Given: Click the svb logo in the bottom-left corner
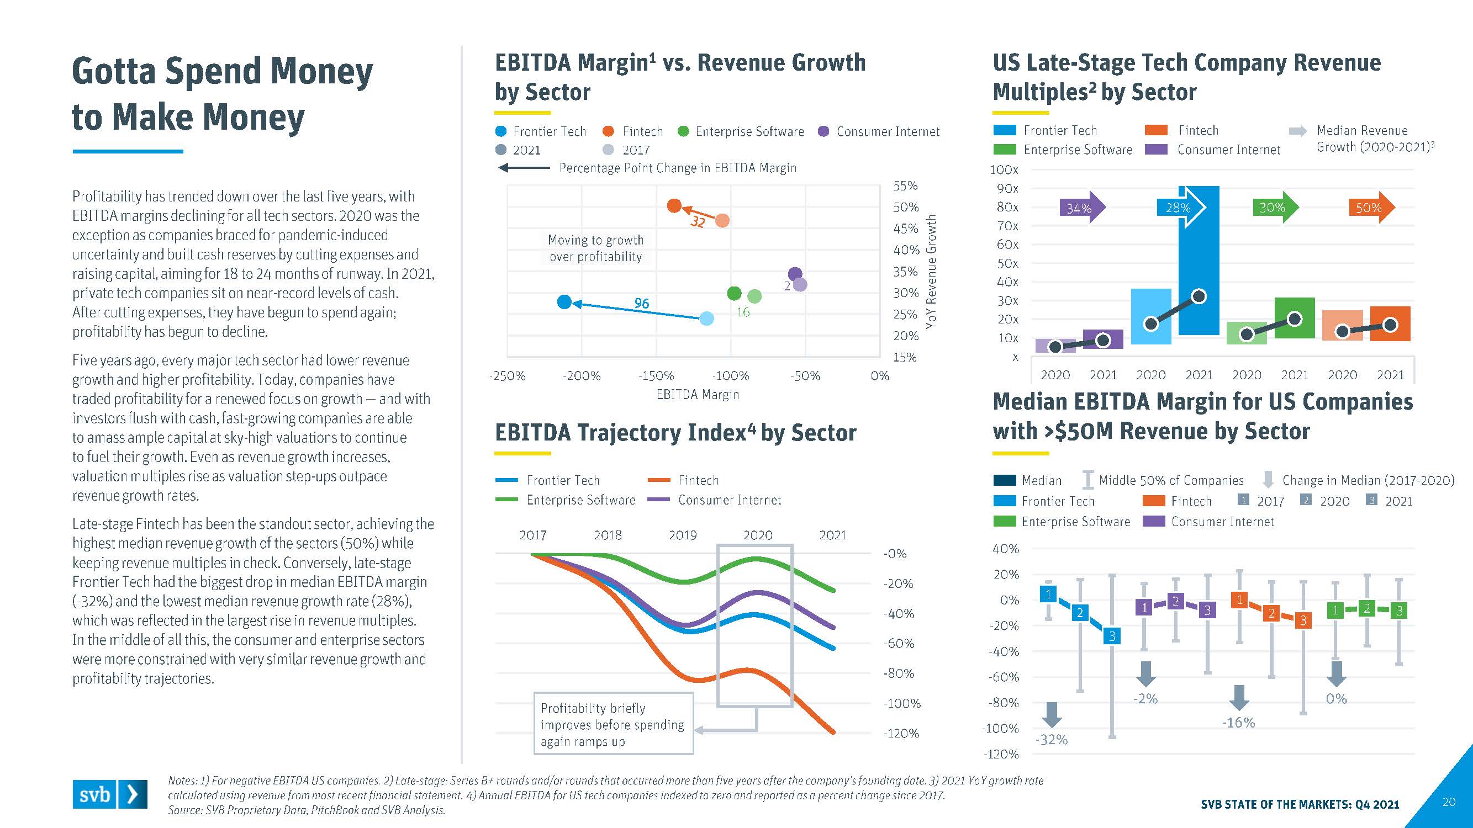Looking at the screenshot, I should click(x=109, y=794).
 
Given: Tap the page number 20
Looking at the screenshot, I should click(x=1448, y=802).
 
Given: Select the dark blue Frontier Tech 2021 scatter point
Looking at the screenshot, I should click(x=564, y=302).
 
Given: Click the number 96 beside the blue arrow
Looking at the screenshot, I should click(x=642, y=304).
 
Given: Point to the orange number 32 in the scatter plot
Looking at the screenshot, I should click(x=698, y=222).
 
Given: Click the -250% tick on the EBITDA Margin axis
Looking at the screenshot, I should click(x=507, y=376).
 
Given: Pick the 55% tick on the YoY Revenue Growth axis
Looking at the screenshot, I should click(x=905, y=185).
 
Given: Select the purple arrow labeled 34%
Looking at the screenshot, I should click(x=1081, y=208).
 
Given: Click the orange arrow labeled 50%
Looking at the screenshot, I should click(x=1371, y=208).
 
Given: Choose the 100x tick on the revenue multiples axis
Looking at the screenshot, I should click(x=1004, y=169).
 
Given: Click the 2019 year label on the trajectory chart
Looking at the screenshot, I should click(x=683, y=535).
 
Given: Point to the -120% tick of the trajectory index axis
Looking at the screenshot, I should click(x=902, y=733).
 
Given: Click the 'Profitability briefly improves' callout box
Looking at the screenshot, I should click(x=613, y=724).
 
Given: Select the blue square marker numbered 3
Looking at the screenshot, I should click(x=1112, y=636).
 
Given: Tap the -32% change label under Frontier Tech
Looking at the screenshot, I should click(x=1052, y=740).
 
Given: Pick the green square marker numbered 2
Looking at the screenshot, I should click(x=1366, y=608).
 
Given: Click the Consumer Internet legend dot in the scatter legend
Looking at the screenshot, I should click(x=823, y=131).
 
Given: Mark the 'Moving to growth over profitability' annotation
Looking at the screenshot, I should click(x=596, y=248).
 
